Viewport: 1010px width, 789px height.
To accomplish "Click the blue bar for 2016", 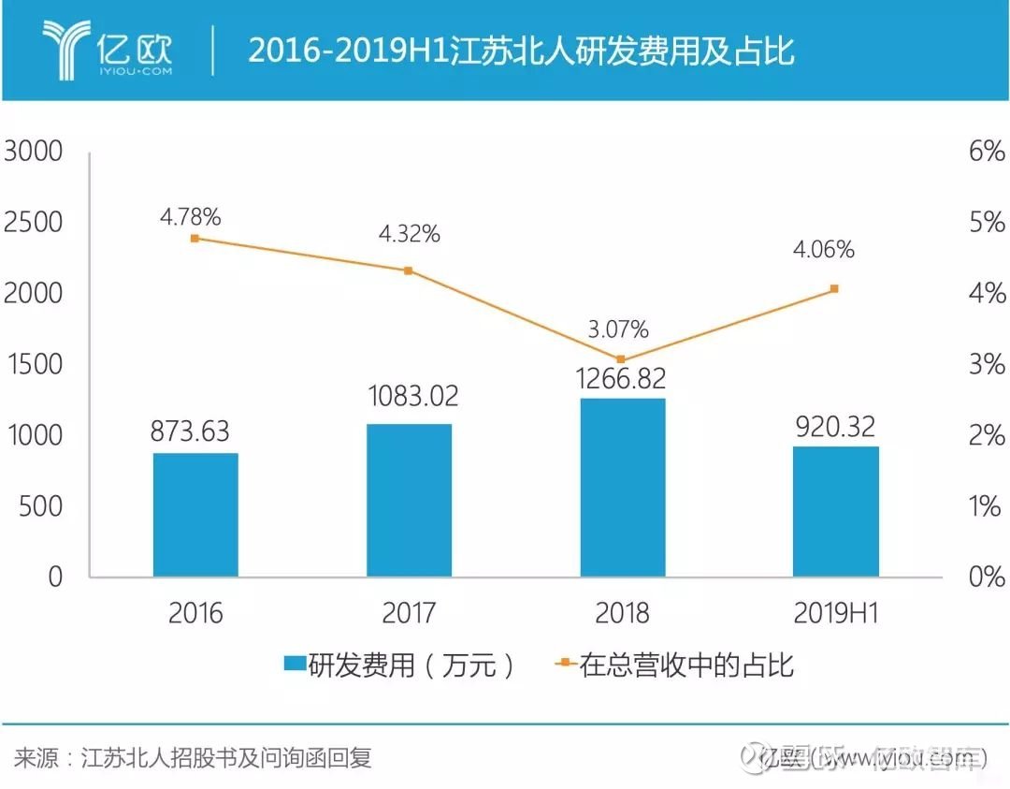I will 195,514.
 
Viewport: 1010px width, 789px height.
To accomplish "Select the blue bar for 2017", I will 409,500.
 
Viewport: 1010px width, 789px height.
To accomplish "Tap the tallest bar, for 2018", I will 623,487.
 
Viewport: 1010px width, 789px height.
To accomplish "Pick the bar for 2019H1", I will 836,511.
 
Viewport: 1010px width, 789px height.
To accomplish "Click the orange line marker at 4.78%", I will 195,238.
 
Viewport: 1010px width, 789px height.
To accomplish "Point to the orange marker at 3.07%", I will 621,358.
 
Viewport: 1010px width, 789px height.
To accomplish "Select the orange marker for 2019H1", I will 834,288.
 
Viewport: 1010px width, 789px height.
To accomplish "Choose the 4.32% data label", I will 409,234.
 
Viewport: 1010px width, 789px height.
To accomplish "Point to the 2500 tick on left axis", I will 34,223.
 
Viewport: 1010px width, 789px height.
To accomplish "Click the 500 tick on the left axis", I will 41,506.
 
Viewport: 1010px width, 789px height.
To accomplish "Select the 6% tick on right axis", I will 988,152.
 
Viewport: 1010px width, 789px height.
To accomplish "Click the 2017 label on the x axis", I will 409,613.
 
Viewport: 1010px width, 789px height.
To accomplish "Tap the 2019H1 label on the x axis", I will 836,613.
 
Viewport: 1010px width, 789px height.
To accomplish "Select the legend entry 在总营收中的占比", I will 673,665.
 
